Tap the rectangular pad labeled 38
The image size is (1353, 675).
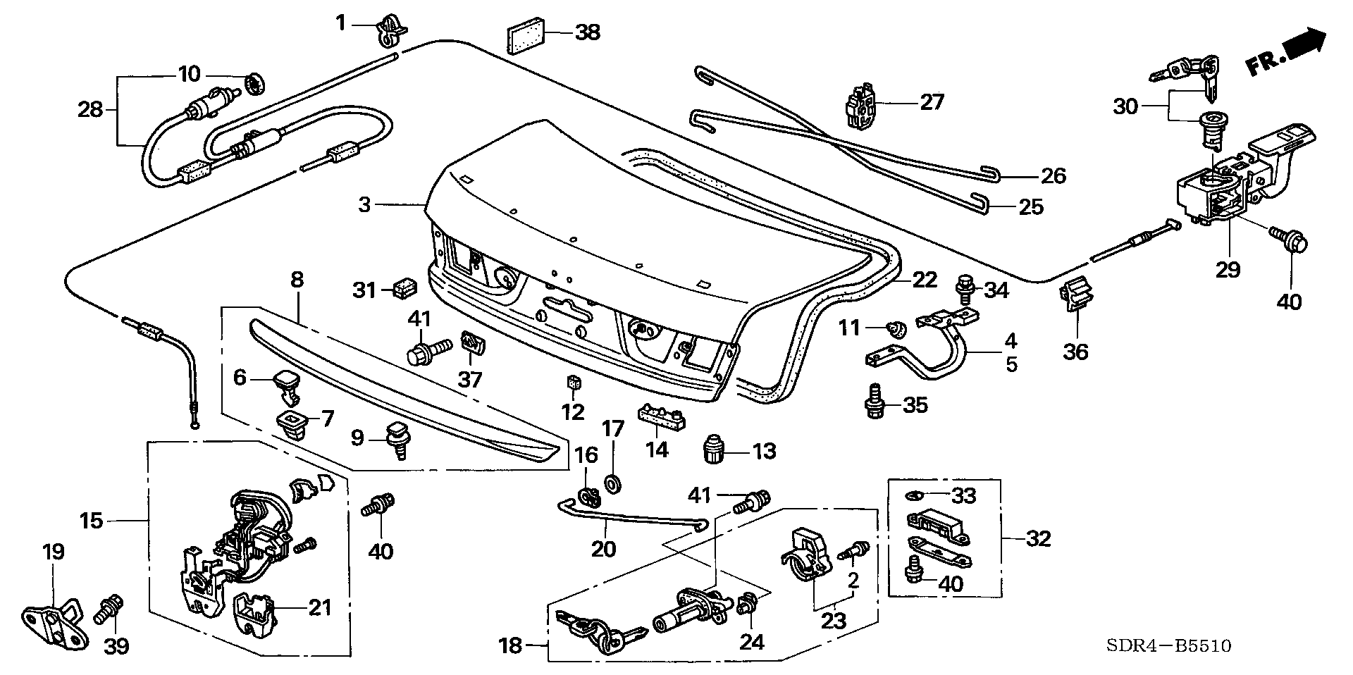526,36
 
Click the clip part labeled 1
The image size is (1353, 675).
391,29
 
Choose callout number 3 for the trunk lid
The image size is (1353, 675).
364,205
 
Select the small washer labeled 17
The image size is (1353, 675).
613,483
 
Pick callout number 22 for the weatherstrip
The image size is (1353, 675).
925,280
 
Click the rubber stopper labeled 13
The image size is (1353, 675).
717,448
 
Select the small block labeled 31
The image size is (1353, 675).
404,288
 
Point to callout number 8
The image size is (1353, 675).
297,280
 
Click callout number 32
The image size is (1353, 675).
1038,539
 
